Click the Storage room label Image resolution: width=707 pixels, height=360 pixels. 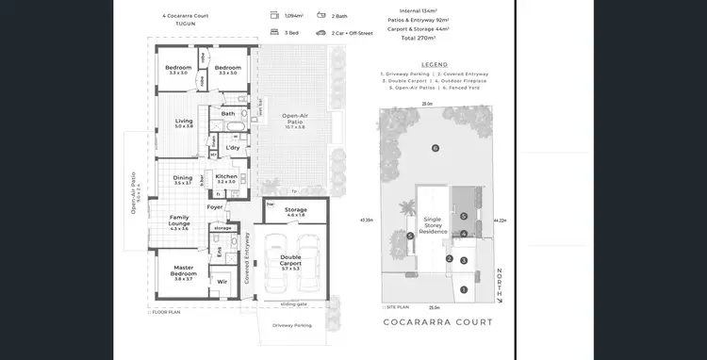click(x=295, y=211)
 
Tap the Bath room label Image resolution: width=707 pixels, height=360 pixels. click(x=228, y=114)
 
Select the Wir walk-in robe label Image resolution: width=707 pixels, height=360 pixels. click(x=222, y=281)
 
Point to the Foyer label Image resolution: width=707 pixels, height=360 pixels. click(x=216, y=207)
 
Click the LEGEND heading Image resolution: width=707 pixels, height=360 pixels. click(x=435, y=64)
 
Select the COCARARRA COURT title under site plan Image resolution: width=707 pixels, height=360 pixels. click(x=438, y=322)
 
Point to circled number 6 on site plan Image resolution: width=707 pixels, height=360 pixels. click(x=435, y=148)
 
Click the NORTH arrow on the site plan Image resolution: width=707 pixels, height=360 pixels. click(x=500, y=283)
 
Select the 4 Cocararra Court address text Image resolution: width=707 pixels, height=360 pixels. click(x=185, y=16)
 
